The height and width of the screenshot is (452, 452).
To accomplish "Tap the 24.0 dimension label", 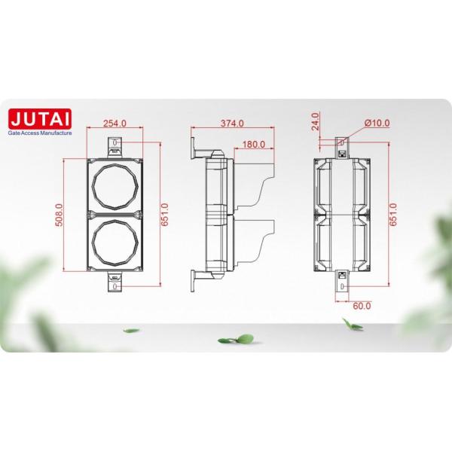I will coord(316,121).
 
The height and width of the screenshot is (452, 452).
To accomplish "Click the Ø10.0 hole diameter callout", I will coord(374,123).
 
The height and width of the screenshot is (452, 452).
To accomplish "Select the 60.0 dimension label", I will coord(363,307).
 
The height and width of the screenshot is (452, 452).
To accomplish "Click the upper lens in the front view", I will coord(115,185).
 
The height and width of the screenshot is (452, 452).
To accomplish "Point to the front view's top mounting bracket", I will coord(115,145).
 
